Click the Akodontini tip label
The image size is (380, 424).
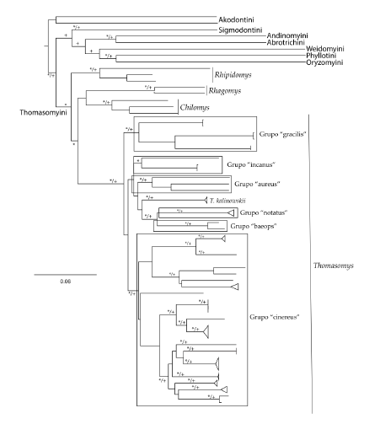tap(241, 18)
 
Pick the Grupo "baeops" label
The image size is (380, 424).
tap(254, 227)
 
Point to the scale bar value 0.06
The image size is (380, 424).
tap(65, 282)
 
